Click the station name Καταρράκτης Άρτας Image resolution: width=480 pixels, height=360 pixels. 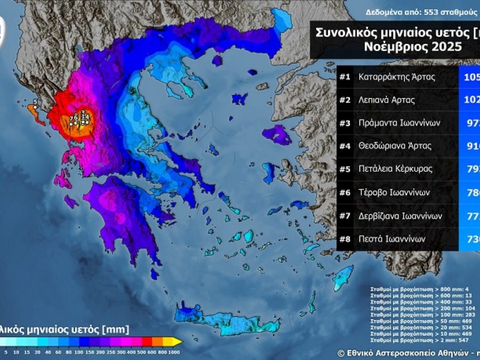pyautogui.click(x=397, y=77)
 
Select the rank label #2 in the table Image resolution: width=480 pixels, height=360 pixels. pyautogui.click(x=345, y=100)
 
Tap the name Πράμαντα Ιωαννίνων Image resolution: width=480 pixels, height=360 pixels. pyautogui.click(x=399, y=123)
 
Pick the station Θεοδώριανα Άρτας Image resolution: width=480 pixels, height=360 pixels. pyautogui.click(x=395, y=146)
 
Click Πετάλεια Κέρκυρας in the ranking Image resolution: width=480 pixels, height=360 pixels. pyautogui.click(x=395, y=169)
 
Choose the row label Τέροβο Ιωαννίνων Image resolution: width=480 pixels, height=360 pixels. pyautogui.click(x=394, y=193)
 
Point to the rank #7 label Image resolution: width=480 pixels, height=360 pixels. pyautogui.click(x=345, y=215)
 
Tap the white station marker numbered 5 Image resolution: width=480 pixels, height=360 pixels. pyautogui.click(x=34, y=107)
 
